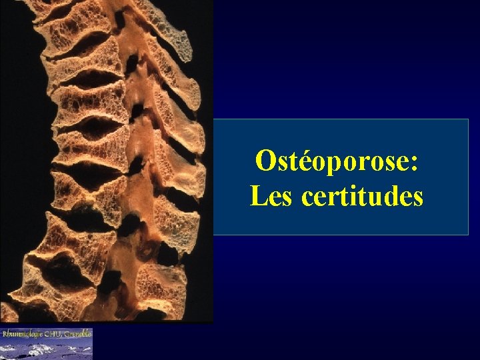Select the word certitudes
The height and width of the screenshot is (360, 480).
pyautogui.click(x=362, y=197)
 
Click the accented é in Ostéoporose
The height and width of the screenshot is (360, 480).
pyautogui.click(x=300, y=161)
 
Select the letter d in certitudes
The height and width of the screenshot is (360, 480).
pyautogui.click(x=389, y=196)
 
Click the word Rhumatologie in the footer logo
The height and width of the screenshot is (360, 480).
pyautogui.click(x=21, y=333)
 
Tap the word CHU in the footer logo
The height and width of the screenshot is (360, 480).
pyautogui.click(x=53, y=333)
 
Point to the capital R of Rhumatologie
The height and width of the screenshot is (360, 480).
pyautogui.click(x=5, y=333)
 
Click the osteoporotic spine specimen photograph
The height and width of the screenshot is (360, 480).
pyautogui.click(x=107, y=160)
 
